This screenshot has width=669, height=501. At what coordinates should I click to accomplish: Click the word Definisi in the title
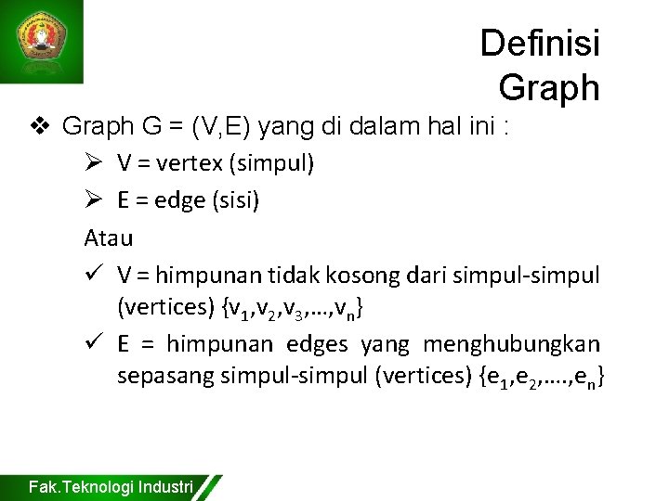(540, 44)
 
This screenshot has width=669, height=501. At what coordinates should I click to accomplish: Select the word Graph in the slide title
(548, 87)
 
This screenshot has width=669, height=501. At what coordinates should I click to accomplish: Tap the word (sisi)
(234, 200)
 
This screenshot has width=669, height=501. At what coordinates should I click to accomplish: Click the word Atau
(109, 238)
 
